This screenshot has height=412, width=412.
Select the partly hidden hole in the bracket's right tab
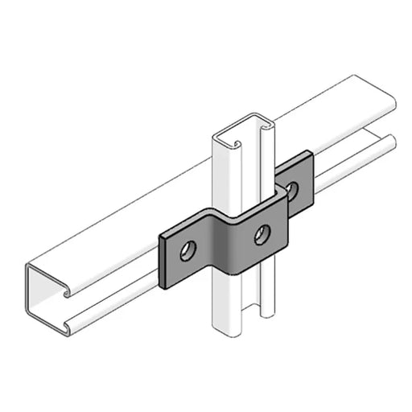tap(292, 190)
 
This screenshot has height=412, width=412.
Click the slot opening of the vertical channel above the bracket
tap(256, 161)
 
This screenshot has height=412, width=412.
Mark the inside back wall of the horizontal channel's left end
tap(44, 294)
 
